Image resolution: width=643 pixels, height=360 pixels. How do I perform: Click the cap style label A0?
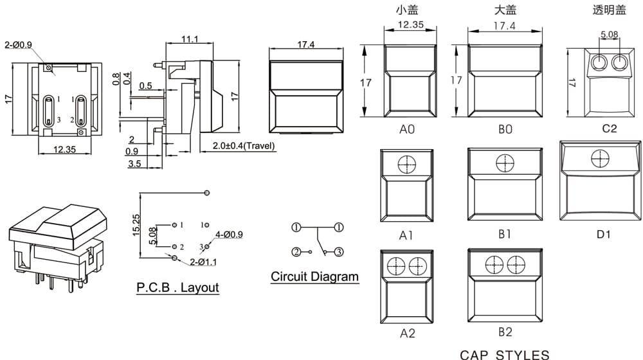click(x=407, y=130)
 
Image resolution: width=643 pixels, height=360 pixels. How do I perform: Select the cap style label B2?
click(x=505, y=332)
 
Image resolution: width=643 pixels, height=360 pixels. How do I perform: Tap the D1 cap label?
click(x=603, y=235)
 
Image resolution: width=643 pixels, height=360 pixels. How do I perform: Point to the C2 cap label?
click(x=610, y=129)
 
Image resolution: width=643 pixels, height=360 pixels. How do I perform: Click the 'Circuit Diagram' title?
click(x=314, y=276)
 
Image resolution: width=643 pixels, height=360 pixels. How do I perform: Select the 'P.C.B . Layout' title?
click(x=177, y=287)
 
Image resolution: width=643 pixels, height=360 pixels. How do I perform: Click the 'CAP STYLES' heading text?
click(x=504, y=355)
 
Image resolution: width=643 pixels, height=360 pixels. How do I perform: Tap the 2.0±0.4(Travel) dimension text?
click(x=244, y=145)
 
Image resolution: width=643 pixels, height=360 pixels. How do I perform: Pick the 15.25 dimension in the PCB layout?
click(x=136, y=225)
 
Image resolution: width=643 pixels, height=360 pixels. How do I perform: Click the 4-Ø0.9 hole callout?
click(x=230, y=235)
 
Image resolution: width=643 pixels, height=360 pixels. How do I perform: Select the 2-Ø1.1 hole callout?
click(x=203, y=262)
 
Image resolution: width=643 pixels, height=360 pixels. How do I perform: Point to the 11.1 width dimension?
click(x=190, y=39)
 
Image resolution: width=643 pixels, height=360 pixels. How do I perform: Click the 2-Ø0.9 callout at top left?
click(x=18, y=45)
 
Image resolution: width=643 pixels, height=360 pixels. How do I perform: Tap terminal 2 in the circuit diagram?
click(x=296, y=252)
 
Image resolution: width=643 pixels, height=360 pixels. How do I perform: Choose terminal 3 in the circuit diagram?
click(x=339, y=252)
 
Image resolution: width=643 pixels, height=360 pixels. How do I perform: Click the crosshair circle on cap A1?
click(x=407, y=165)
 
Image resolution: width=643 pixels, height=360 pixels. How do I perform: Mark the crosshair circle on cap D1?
click(x=601, y=158)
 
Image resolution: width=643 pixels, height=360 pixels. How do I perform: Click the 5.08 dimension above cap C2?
click(x=610, y=35)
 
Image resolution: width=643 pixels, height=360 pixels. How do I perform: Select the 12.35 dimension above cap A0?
click(x=410, y=24)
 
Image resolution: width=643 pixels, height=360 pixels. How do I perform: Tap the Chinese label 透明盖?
click(x=610, y=10)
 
